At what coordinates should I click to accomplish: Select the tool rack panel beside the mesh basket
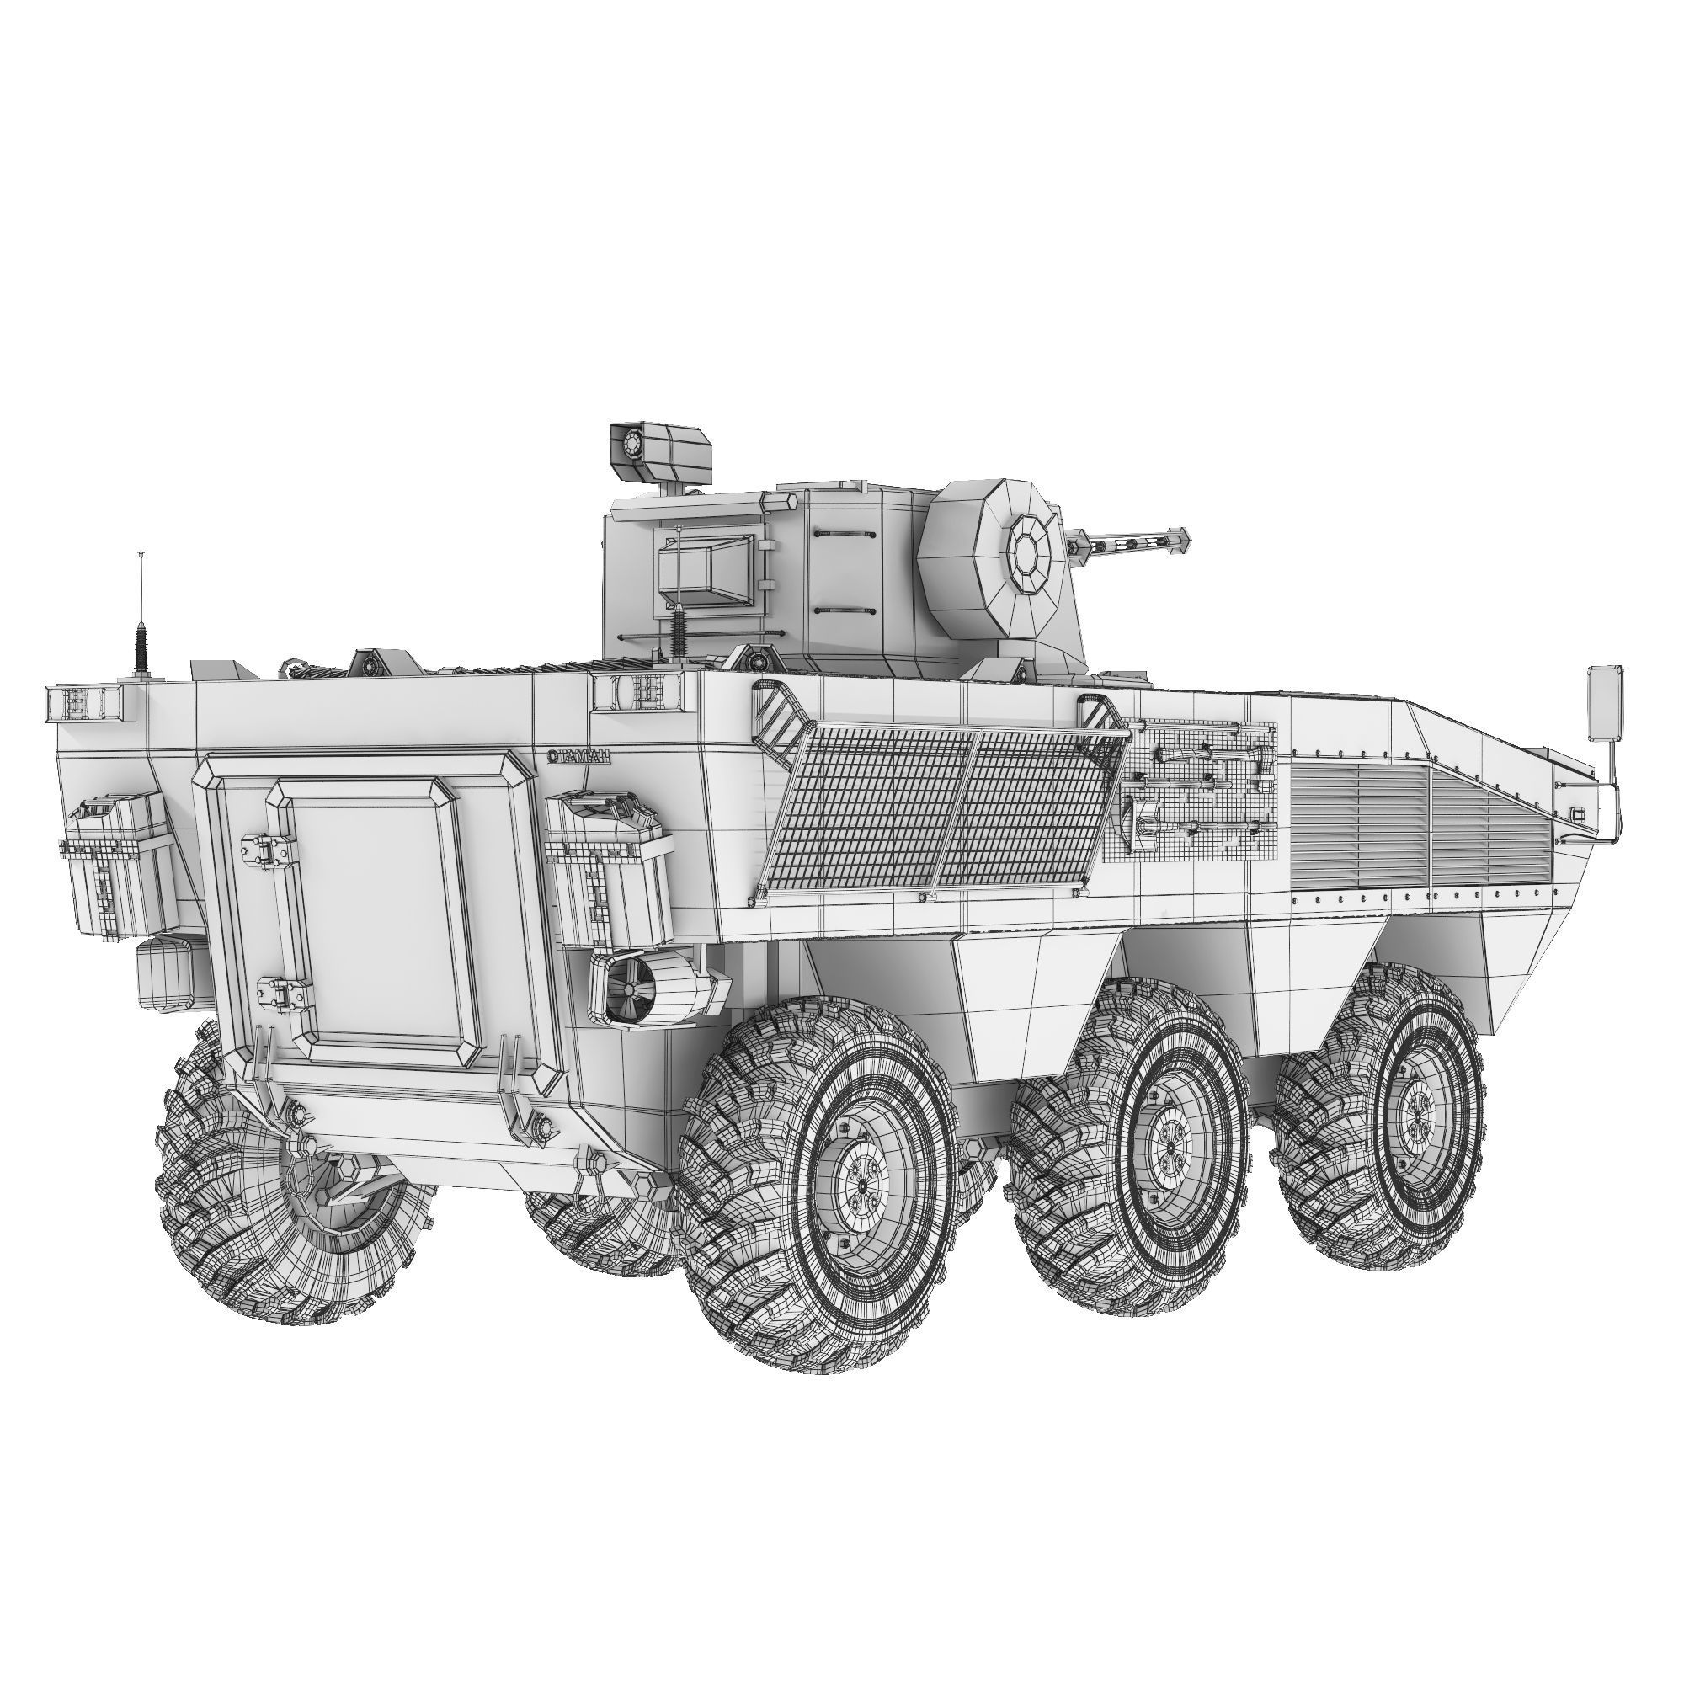[x=1191, y=791]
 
